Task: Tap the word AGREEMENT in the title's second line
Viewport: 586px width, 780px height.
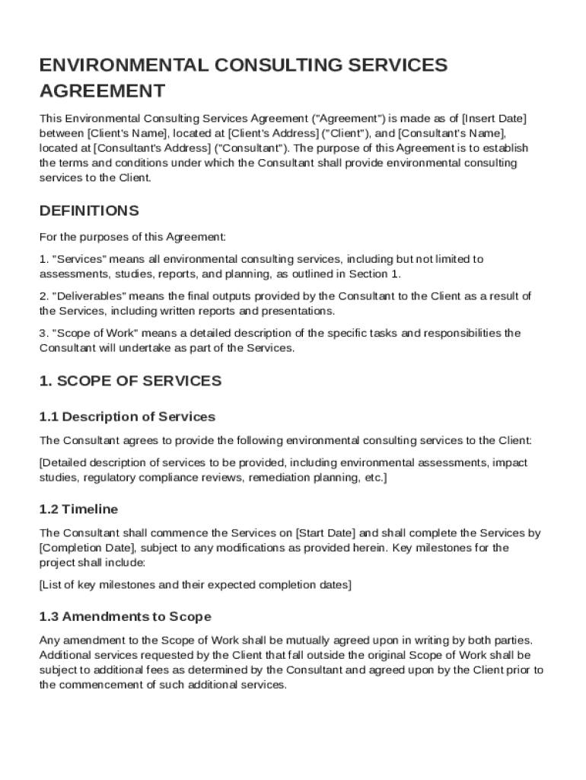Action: (102, 91)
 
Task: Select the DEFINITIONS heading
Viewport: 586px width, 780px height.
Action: (89, 210)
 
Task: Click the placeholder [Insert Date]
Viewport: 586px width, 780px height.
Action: (495, 119)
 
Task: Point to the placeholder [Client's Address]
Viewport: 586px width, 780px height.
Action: (265, 133)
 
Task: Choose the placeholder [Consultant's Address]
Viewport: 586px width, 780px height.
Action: (151, 148)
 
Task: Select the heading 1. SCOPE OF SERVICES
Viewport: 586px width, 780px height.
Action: (130, 381)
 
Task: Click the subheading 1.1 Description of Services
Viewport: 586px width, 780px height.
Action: (127, 417)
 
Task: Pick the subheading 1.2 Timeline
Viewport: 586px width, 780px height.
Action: (78, 509)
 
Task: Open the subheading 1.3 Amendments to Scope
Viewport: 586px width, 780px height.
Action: (125, 616)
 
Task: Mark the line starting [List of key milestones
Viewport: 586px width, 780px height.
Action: (195, 585)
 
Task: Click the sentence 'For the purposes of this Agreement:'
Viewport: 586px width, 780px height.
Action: (132, 237)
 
